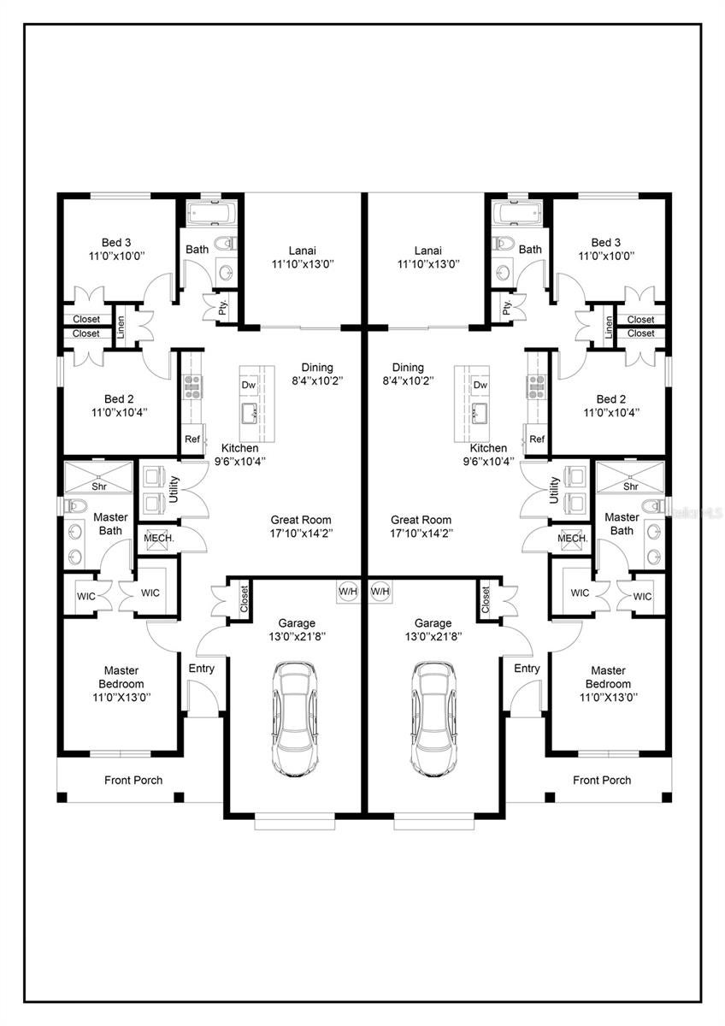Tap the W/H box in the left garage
point(348,592)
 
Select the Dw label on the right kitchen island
point(480,385)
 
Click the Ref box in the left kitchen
point(192,439)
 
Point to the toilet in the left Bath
point(227,243)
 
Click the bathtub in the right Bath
point(520,213)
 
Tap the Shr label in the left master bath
point(99,486)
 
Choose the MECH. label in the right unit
point(573,538)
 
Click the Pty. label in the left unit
point(223,308)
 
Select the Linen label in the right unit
point(608,327)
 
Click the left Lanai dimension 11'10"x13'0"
point(303,264)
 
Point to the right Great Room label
point(421,520)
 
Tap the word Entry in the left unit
point(202,669)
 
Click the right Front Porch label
point(602,780)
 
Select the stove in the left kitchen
point(193,386)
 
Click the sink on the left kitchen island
point(250,412)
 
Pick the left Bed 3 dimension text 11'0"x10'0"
point(116,256)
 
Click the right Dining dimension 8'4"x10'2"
point(408,380)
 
